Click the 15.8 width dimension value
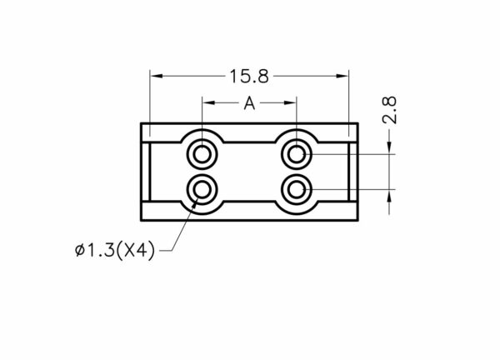pyautogui.click(x=249, y=77)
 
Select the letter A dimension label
pyautogui.click(x=249, y=103)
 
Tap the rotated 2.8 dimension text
pyautogui.click(x=389, y=110)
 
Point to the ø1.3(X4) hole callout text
pyautogui.click(x=115, y=250)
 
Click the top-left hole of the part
pyautogui.click(x=202, y=155)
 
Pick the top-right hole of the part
pyautogui.click(x=297, y=155)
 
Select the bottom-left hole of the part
pyautogui.click(x=202, y=190)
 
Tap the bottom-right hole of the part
pyautogui.click(x=297, y=190)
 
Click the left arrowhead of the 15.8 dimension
pyautogui.click(x=157, y=76)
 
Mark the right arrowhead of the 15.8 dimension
pyautogui.click(x=342, y=76)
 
